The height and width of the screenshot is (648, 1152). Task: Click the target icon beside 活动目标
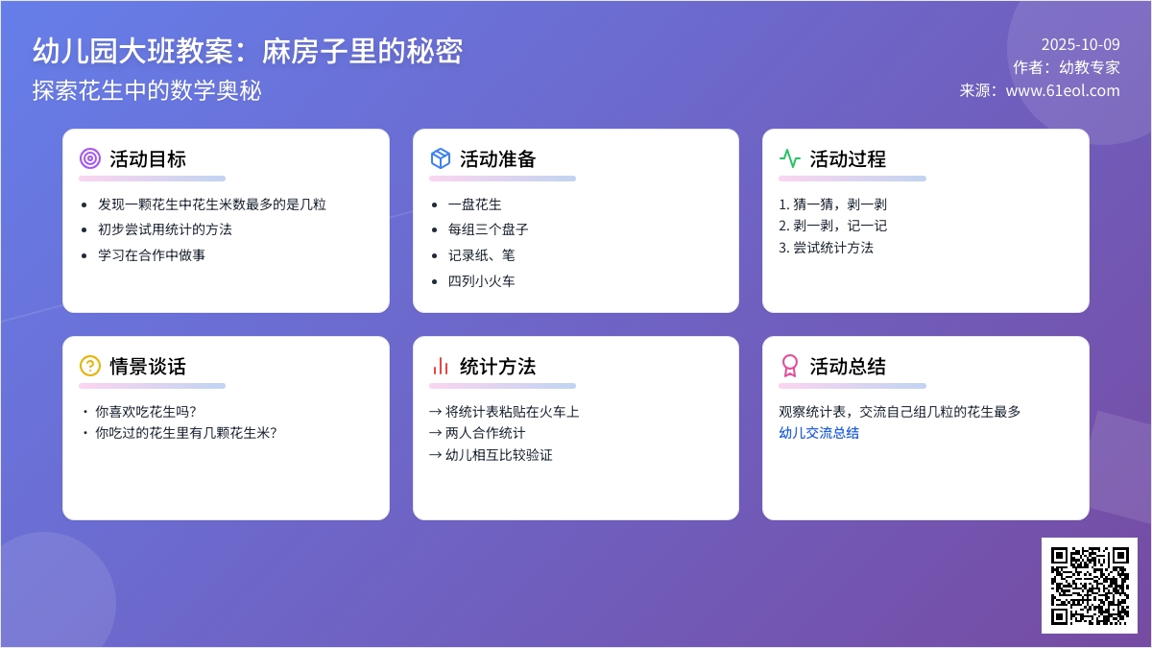pyautogui.click(x=90, y=159)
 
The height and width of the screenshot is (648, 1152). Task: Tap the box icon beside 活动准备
pyautogui.click(x=441, y=159)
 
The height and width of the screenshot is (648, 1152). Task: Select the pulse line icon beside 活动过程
pyautogui.click(x=789, y=159)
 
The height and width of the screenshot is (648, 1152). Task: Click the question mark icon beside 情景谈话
pyautogui.click(x=90, y=366)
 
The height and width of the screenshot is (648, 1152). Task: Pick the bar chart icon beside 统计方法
pyautogui.click(x=441, y=366)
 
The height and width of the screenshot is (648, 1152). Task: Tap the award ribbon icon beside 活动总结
pyautogui.click(x=789, y=366)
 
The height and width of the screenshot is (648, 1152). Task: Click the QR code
pyautogui.click(x=1089, y=585)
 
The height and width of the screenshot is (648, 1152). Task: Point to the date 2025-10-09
pyautogui.click(x=1080, y=44)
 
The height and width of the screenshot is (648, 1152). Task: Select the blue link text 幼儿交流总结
pyautogui.click(x=819, y=433)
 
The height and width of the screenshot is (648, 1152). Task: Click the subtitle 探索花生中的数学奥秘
pyautogui.click(x=147, y=90)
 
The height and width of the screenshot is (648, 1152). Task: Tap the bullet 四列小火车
pyautogui.click(x=481, y=281)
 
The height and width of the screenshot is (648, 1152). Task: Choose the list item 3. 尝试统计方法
pyautogui.click(x=826, y=248)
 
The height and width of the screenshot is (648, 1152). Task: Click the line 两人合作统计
pyautogui.click(x=484, y=433)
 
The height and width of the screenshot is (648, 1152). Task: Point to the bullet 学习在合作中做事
pyautogui.click(x=152, y=255)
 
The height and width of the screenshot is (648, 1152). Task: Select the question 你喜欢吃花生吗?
pyautogui.click(x=145, y=412)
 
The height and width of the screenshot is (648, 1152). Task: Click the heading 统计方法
pyautogui.click(x=497, y=366)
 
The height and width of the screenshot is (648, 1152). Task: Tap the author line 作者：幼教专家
pyautogui.click(x=1066, y=67)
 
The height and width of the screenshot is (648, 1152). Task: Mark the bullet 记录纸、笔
pyautogui.click(x=481, y=255)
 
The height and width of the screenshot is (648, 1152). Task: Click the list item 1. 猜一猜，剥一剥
pyautogui.click(x=832, y=204)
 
